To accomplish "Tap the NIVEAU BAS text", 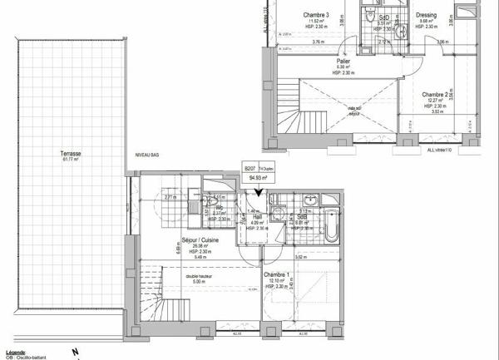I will click(149, 155).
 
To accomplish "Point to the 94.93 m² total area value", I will click(257, 177).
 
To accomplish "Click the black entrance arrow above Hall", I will click(259, 192).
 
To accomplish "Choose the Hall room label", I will click(257, 215).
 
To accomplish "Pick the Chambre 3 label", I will click(316, 15).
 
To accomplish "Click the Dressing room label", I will click(425, 15).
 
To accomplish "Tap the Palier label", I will click(343, 62).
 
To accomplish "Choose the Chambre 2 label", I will click(436, 95).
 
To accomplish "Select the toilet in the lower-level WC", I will click(214, 203).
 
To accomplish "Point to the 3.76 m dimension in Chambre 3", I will click(317, 42).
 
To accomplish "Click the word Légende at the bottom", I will click(14, 353).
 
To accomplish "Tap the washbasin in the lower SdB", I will click(309, 200).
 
